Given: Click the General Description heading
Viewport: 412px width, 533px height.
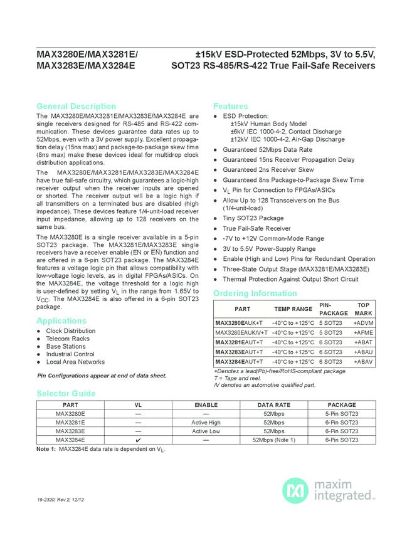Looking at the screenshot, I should pyautogui.click(x=76, y=106).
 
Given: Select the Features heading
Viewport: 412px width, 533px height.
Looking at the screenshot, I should pyautogui.click(x=231, y=106).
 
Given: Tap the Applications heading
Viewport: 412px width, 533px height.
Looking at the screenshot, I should pyautogui.click(x=61, y=320).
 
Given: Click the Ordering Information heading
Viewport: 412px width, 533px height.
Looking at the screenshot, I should pyautogui.click(x=255, y=293).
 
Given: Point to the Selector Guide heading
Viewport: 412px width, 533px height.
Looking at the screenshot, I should pyautogui.click(x=66, y=393).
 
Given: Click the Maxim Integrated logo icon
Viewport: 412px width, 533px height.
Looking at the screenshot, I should pyautogui.click(x=295, y=490).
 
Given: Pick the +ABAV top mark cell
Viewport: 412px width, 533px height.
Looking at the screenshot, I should pyautogui.click(x=363, y=362).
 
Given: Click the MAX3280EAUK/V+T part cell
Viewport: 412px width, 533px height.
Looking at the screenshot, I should pyautogui.click(x=241, y=332).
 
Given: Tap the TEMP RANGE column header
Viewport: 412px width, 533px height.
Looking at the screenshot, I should pyautogui.click(x=293, y=309).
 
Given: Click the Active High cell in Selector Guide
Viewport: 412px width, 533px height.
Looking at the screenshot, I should pyautogui.click(x=206, y=423).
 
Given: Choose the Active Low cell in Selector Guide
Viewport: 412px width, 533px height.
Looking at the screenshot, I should pyautogui.click(x=206, y=431).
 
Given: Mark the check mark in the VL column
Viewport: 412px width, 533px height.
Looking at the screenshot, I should pyautogui.click(x=138, y=440).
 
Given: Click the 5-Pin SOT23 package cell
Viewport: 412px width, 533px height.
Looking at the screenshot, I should pyautogui.click(x=342, y=414).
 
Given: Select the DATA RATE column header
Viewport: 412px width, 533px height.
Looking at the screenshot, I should pyautogui.click(x=274, y=405).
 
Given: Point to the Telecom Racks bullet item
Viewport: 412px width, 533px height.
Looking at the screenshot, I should pyautogui.click(x=68, y=339).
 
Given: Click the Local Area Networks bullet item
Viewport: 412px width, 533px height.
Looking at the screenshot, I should pyautogui.click(x=75, y=362).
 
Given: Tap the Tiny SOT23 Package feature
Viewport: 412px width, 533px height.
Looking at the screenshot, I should pyautogui.click(x=253, y=218).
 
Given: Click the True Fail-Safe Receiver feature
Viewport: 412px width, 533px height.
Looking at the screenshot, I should pyautogui.click(x=256, y=228).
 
